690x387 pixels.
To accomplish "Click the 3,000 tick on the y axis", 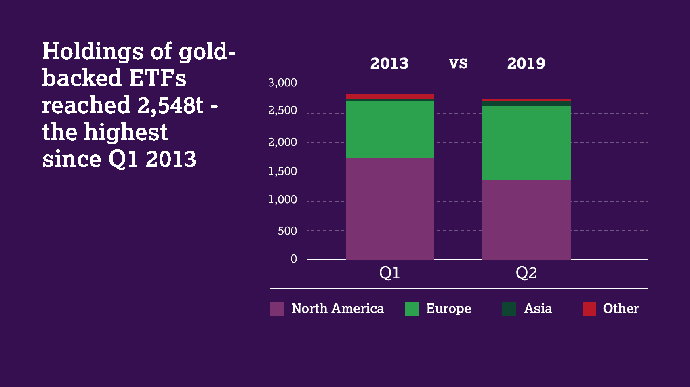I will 282,83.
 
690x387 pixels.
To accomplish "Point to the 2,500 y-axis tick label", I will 282,110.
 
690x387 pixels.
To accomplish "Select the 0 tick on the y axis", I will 294,259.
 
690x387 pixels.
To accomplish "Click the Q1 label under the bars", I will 389,273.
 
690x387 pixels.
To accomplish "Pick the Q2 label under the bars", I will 526,273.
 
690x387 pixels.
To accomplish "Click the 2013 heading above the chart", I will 389,63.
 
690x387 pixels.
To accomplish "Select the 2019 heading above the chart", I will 526,63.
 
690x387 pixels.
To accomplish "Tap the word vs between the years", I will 458,63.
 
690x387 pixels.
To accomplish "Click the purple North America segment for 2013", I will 389,209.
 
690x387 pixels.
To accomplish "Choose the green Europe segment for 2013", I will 389,129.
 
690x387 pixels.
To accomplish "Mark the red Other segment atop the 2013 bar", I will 389,96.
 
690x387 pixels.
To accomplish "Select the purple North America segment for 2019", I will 526,220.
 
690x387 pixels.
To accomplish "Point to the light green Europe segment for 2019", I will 526,143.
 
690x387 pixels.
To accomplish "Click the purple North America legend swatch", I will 277,309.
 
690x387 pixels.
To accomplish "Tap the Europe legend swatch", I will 411,309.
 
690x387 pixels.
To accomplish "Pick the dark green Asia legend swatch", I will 509,309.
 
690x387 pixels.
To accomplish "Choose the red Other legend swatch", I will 589,309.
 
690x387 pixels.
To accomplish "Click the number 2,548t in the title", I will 170,106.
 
